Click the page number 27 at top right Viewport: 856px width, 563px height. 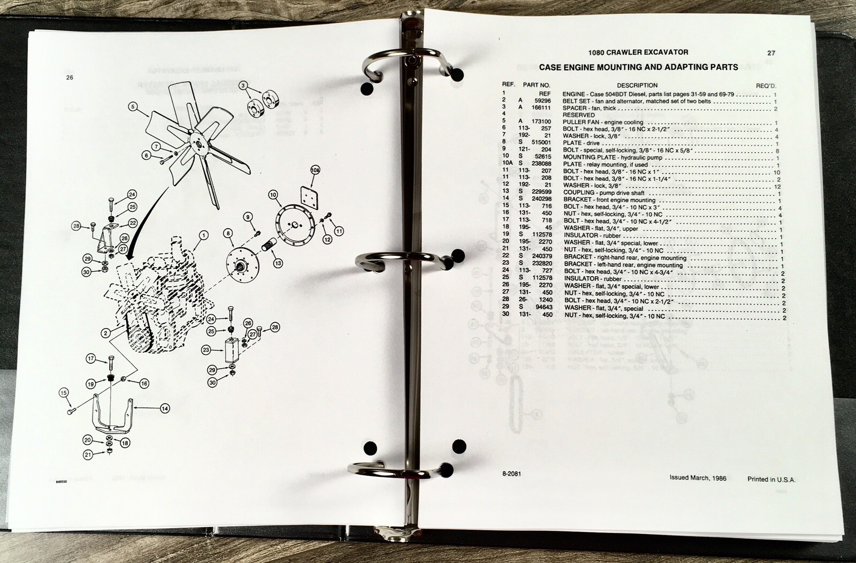pos(771,53)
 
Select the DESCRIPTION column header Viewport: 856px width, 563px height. pos(637,85)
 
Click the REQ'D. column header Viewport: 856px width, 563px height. pos(766,86)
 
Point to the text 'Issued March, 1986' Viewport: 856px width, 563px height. pos(698,478)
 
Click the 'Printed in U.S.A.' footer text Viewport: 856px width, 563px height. pos(771,480)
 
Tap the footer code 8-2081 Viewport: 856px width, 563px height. pos(511,474)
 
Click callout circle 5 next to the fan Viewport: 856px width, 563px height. pos(133,106)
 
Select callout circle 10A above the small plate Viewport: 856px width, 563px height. pos(315,170)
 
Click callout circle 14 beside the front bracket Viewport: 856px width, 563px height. pos(165,408)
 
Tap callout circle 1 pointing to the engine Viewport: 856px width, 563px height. pos(203,234)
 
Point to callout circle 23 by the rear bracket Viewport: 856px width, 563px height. pos(205,350)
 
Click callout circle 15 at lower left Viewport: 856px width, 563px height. pos(64,393)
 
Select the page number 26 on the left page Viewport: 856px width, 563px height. pos(70,78)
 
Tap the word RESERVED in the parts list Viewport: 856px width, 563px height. pos(578,115)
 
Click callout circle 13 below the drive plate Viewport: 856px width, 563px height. pos(278,263)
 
